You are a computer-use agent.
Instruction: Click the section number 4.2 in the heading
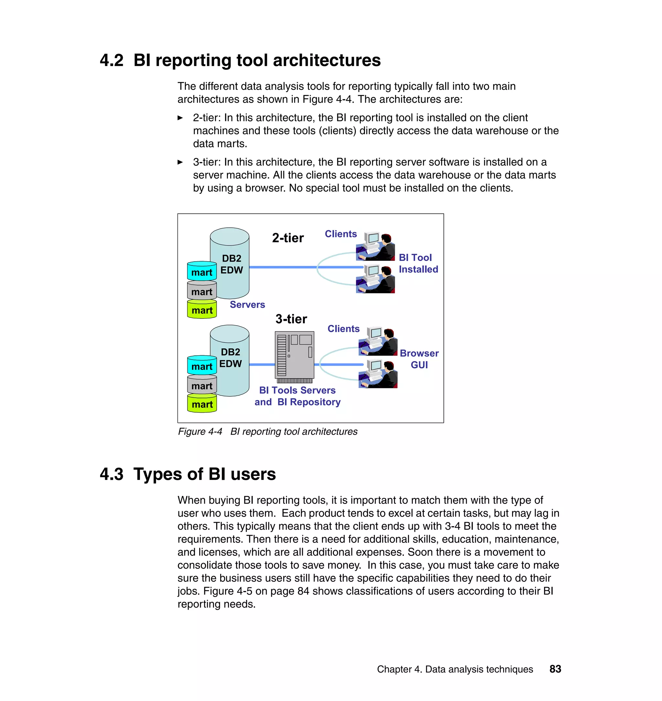coord(112,60)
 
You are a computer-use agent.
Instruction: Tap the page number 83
coord(555,669)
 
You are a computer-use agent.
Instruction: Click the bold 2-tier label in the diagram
coord(288,238)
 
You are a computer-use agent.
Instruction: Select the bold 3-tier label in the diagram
coord(291,319)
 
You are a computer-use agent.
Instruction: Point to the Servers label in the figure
coord(247,305)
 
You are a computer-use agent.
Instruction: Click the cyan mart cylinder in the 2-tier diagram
coord(202,271)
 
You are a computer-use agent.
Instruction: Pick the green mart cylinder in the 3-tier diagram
coord(202,404)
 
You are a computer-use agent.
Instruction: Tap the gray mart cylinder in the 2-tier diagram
coord(202,291)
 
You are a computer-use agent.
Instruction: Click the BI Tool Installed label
coord(418,263)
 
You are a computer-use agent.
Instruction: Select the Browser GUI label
coord(419,359)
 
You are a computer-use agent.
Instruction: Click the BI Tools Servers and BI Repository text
coord(297,396)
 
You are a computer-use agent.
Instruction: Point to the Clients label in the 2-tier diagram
coord(340,234)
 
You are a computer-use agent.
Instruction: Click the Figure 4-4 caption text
coord(267,432)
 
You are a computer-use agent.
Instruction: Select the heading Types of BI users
coord(204,474)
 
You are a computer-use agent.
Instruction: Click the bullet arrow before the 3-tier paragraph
coord(180,162)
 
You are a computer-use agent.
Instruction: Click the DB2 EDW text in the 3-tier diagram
coord(230,358)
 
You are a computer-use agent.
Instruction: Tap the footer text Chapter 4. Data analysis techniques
coord(454,669)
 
